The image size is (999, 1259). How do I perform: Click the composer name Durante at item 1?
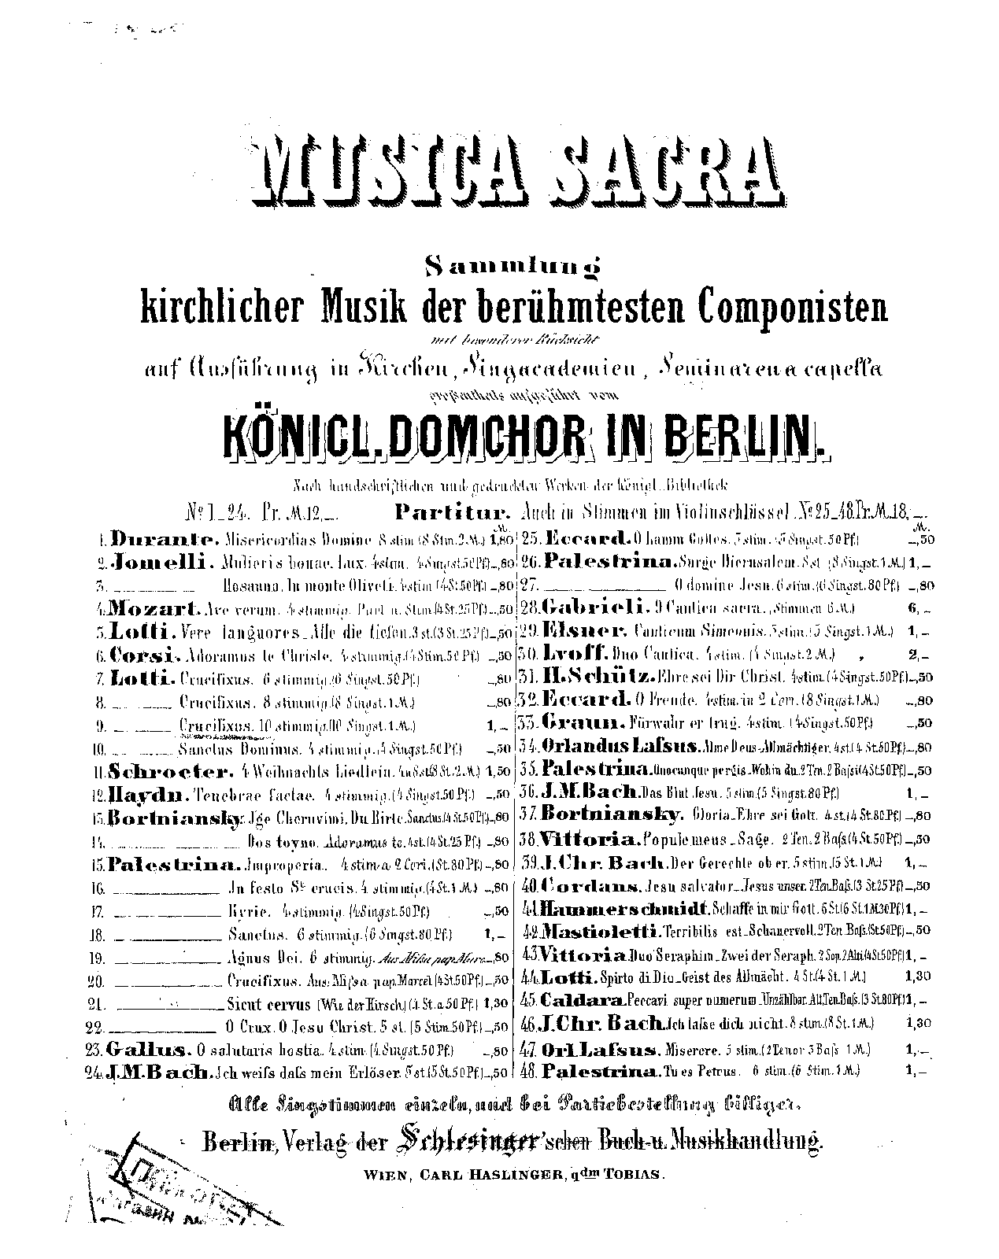(x=163, y=540)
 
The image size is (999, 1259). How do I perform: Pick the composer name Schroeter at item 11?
(x=169, y=771)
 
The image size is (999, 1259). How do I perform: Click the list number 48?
(x=527, y=1071)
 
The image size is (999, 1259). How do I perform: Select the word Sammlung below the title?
(x=512, y=268)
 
